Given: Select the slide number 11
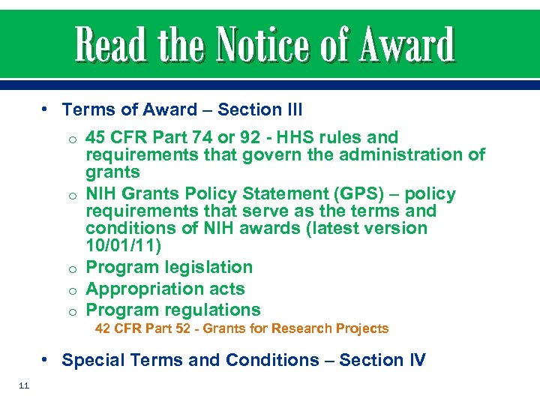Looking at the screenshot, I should pos(22,386).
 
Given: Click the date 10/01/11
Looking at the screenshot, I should pos(121,246).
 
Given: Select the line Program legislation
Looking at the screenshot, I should pos(169,268).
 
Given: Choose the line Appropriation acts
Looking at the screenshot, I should pos(165,289).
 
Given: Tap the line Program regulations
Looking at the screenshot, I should pos(173,310).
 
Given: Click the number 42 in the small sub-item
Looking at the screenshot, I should pos(103,328).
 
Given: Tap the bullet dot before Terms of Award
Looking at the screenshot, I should pos(46,109).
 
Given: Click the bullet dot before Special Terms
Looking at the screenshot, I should pos(46,360).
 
